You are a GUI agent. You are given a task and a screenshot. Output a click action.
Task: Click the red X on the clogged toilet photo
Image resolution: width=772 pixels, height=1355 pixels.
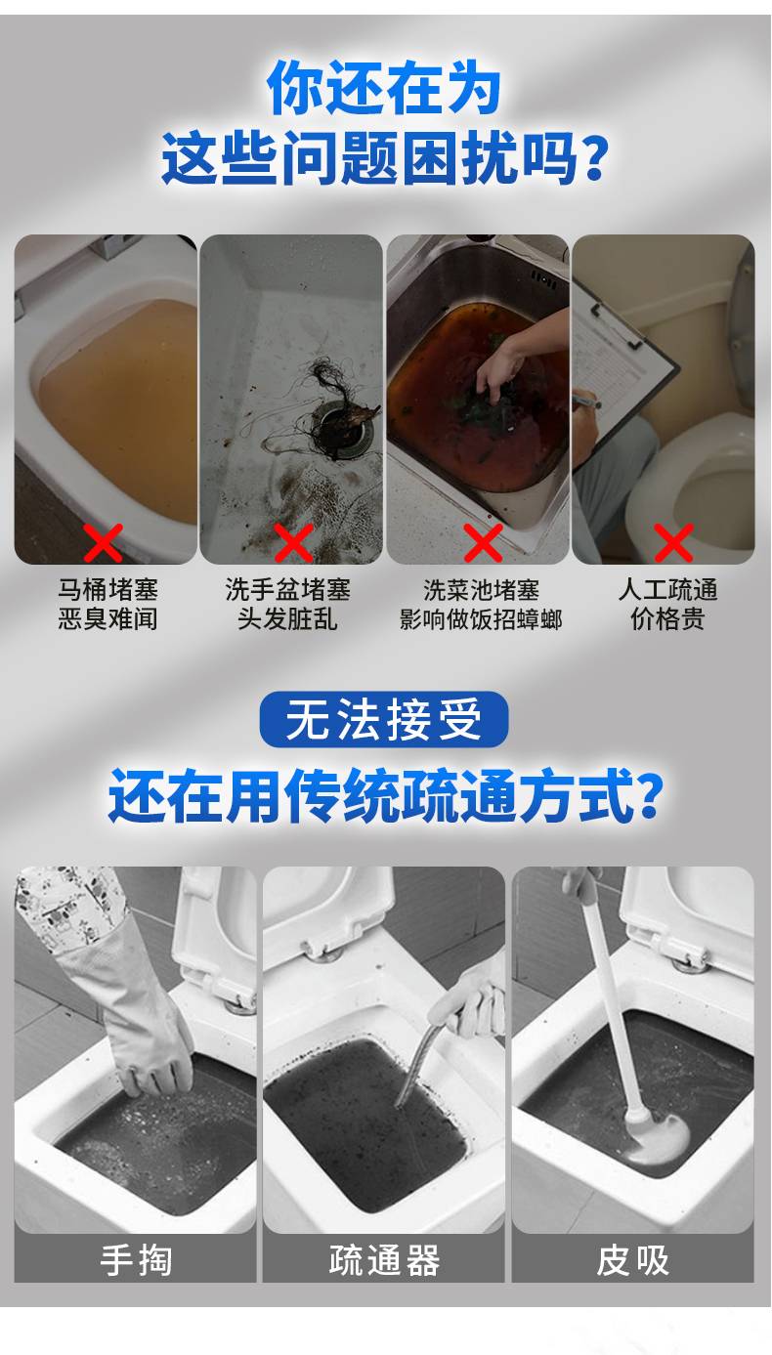pyautogui.click(x=103, y=542)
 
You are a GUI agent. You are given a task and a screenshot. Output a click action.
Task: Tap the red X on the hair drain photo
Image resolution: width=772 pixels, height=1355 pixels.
pyautogui.click(x=293, y=542)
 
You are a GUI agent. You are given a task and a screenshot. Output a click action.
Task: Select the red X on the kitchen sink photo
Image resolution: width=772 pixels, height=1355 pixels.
pyautogui.click(x=483, y=542)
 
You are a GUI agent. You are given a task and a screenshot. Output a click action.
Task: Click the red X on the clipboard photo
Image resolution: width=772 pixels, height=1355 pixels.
pyautogui.click(x=673, y=542)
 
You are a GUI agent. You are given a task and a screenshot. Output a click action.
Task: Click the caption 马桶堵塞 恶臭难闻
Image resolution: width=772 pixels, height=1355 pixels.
pyautogui.click(x=107, y=604)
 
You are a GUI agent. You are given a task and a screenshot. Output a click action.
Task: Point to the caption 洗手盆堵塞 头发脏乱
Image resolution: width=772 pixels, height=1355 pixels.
pyautogui.click(x=287, y=604)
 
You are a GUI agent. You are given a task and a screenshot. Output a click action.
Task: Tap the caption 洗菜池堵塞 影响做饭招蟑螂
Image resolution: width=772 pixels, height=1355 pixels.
pyautogui.click(x=481, y=605)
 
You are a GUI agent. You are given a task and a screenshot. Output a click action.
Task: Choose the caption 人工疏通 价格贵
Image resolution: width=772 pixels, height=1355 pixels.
pyautogui.click(x=667, y=604)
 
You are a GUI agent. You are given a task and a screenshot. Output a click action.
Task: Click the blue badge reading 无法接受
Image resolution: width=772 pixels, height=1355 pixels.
pyautogui.click(x=384, y=719)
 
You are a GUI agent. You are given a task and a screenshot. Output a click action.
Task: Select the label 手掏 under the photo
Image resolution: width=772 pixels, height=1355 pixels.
pyautogui.click(x=136, y=1260)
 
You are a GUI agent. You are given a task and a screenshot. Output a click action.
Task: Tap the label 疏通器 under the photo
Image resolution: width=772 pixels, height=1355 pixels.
pyautogui.click(x=384, y=1260)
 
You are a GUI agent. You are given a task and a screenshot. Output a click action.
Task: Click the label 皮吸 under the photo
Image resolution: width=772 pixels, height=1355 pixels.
pyautogui.click(x=633, y=1260)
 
